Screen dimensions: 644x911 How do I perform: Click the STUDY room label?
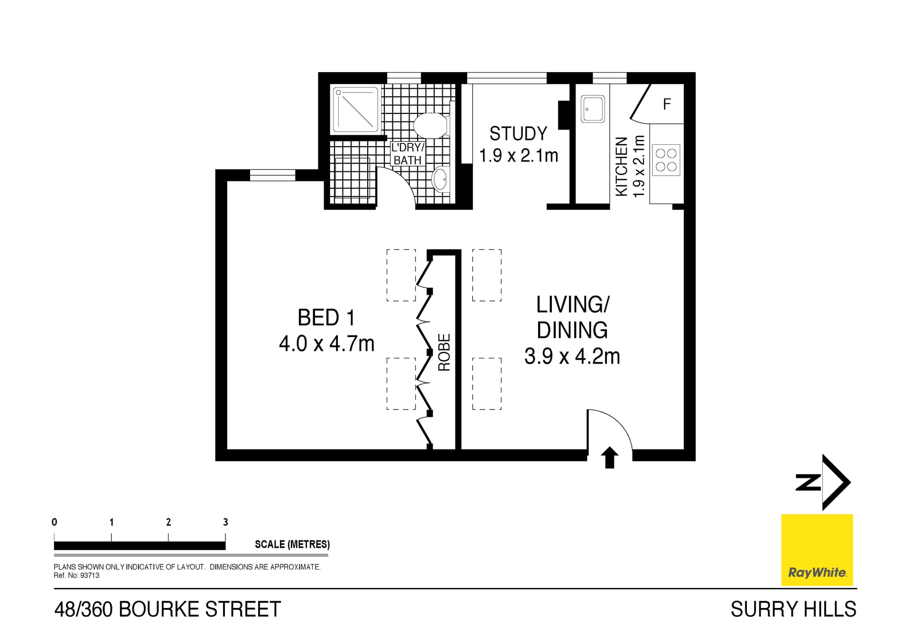pos(518,134)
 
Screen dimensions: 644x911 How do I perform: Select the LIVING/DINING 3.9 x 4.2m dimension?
pos(572,356)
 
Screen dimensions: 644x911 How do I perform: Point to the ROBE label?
pos(444,352)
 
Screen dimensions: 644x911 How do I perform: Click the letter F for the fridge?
pos(667,104)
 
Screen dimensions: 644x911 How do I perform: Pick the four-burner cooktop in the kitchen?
pos(666,160)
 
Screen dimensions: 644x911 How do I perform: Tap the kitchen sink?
pos(593,109)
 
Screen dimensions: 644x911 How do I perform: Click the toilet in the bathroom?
pos(431,125)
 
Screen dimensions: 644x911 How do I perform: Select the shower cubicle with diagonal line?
pos(356,110)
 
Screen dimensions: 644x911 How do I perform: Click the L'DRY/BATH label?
pos(407,154)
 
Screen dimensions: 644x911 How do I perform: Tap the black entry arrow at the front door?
pos(610,457)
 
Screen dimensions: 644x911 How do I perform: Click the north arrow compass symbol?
pos(824,482)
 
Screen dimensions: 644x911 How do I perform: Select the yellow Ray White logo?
pos(817,550)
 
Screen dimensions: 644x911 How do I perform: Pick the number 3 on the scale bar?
pos(225,522)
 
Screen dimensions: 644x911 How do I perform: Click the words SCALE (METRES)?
pos(292,544)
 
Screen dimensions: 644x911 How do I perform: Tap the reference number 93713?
pos(90,575)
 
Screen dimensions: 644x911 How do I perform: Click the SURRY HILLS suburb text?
pos(793,609)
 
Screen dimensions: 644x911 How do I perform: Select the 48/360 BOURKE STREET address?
pos(167,609)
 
